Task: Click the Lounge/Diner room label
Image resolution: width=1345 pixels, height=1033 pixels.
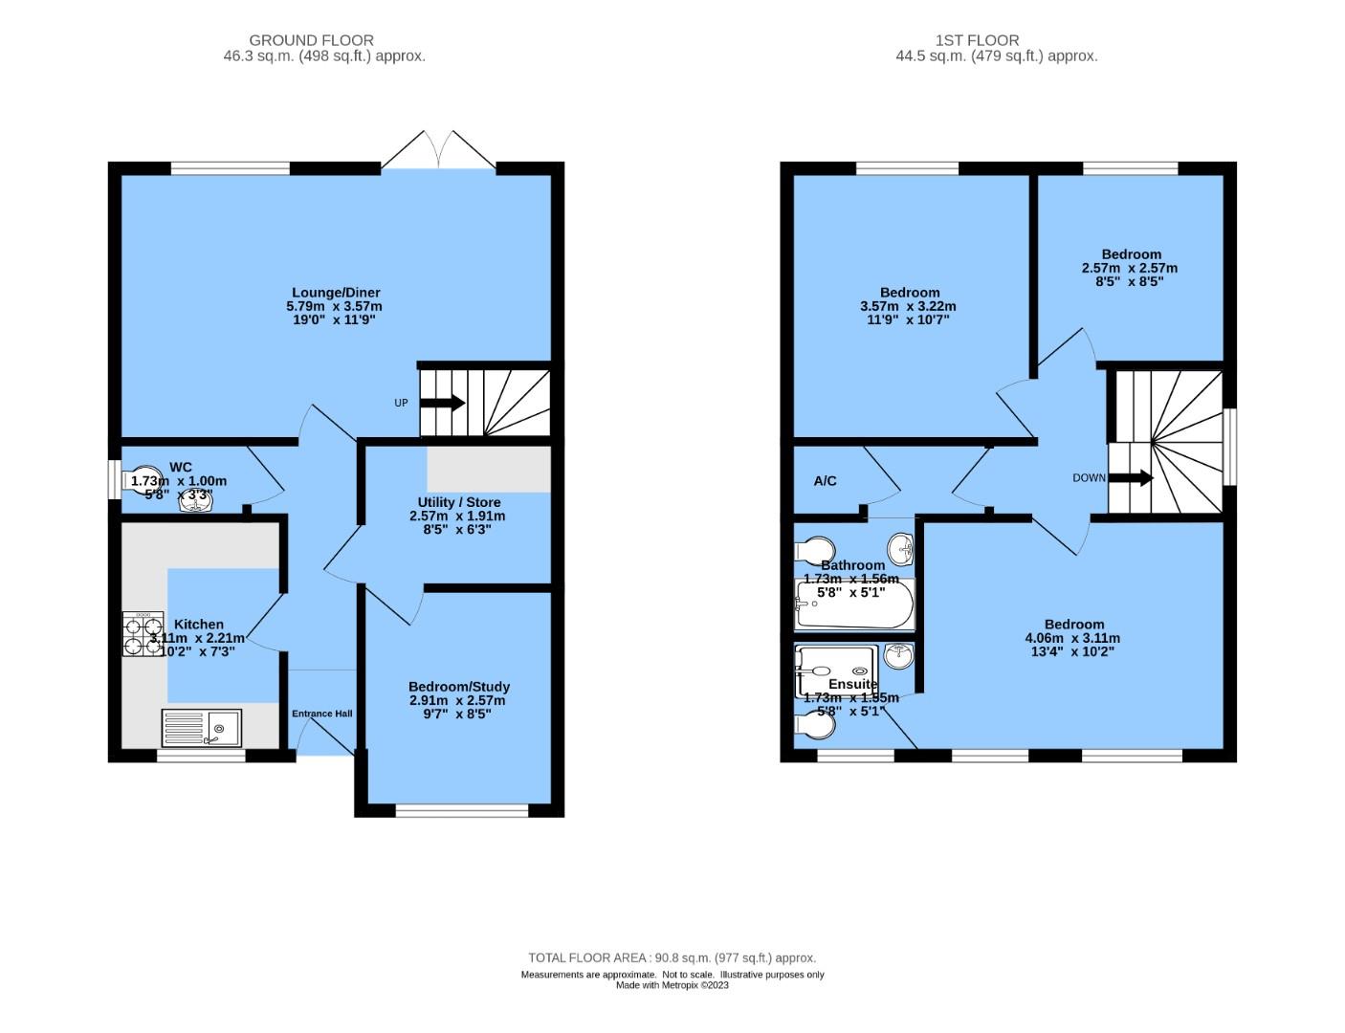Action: pyautogui.click(x=336, y=293)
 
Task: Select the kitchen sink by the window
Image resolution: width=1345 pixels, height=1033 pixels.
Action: pyautogui.click(x=201, y=727)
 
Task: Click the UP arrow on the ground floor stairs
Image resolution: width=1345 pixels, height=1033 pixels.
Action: pyautogui.click(x=442, y=403)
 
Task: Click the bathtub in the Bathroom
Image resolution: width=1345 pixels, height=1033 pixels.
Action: pyautogui.click(x=854, y=604)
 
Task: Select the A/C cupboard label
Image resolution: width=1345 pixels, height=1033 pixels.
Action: pyautogui.click(x=825, y=481)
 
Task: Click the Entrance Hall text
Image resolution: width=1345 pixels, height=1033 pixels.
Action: pyautogui.click(x=321, y=714)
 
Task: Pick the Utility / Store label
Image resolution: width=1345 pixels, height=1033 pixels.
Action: pyautogui.click(x=458, y=502)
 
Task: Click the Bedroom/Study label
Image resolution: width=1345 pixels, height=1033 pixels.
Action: pyautogui.click(x=458, y=687)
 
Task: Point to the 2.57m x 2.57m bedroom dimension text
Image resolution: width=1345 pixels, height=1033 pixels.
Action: pyautogui.click(x=1130, y=269)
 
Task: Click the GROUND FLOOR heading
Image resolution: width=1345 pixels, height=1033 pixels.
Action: pyautogui.click(x=311, y=40)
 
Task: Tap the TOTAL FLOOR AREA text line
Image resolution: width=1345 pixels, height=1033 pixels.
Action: pyautogui.click(x=672, y=957)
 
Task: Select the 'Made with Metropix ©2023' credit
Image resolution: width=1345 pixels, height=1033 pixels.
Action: pyautogui.click(x=672, y=985)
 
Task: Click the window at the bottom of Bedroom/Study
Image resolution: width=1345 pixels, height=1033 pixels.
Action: pyautogui.click(x=462, y=811)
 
